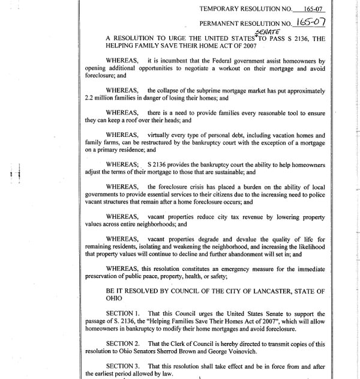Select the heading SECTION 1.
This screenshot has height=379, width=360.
pyautogui.click(x=126, y=313)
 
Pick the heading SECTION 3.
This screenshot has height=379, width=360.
pyautogui.click(x=126, y=366)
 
